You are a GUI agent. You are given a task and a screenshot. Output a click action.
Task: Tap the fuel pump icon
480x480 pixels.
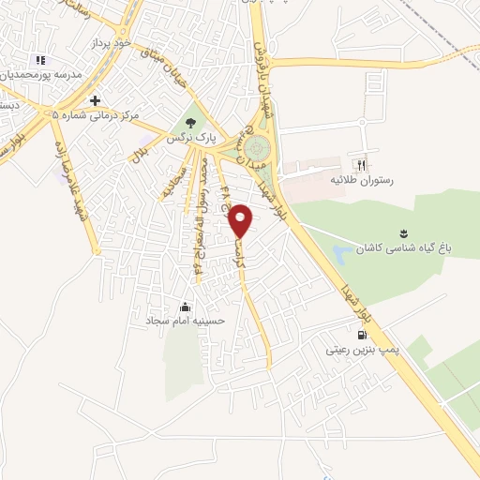360,334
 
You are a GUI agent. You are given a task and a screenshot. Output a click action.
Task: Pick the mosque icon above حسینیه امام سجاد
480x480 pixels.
186,306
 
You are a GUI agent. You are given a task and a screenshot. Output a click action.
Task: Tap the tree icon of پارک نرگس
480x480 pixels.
192,122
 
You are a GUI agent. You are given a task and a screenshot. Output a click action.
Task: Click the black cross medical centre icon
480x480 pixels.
95,99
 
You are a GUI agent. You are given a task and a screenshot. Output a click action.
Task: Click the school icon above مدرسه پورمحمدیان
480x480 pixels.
39,59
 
